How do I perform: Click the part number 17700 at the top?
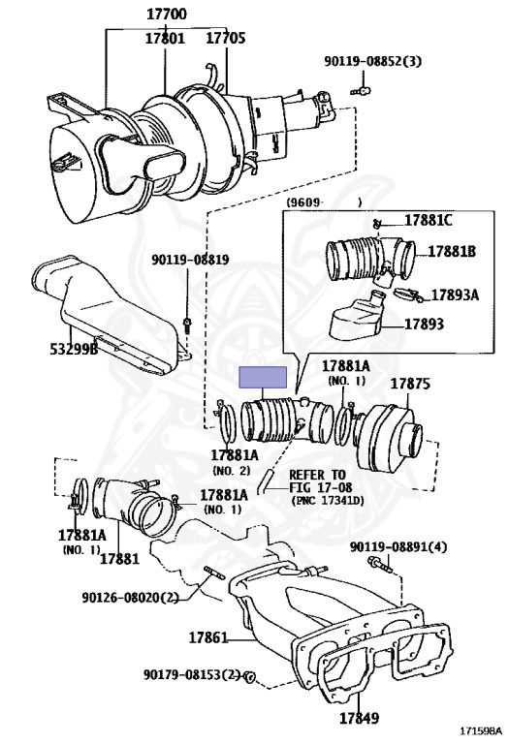(x=166, y=14)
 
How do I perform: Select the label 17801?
(x=165, y=38)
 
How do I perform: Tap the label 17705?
(x=226, y=38)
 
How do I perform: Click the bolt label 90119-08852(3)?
(x=372, y=61)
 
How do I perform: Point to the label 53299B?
(x=74, y=349)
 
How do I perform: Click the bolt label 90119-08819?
(x=190, y=260)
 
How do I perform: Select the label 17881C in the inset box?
(x=428, y=220)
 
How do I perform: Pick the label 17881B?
(x=452, y=251)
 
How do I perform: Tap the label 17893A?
(x=455, y=294)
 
